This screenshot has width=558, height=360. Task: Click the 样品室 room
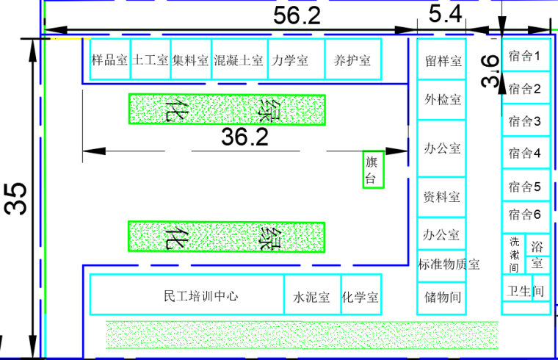click(x=109, y=60)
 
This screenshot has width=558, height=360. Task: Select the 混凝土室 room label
click(x=239, y=60)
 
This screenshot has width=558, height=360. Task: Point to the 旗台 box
click(x=373, y=170)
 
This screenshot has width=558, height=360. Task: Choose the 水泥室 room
click(x=312, y=297)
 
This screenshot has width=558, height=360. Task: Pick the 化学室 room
click(x=360, y=297)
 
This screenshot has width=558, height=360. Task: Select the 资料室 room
click(x=442, y=197)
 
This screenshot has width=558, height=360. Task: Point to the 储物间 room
click(x=442, y=298)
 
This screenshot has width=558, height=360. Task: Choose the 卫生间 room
click(x=526, y=291)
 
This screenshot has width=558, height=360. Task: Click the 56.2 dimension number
click(x=297, y=15)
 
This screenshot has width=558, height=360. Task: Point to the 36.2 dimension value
click(x=245, y=137)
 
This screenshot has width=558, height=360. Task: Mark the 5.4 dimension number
click(x=445, y=14)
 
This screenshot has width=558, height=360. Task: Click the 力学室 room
click(x=289, y=60)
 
